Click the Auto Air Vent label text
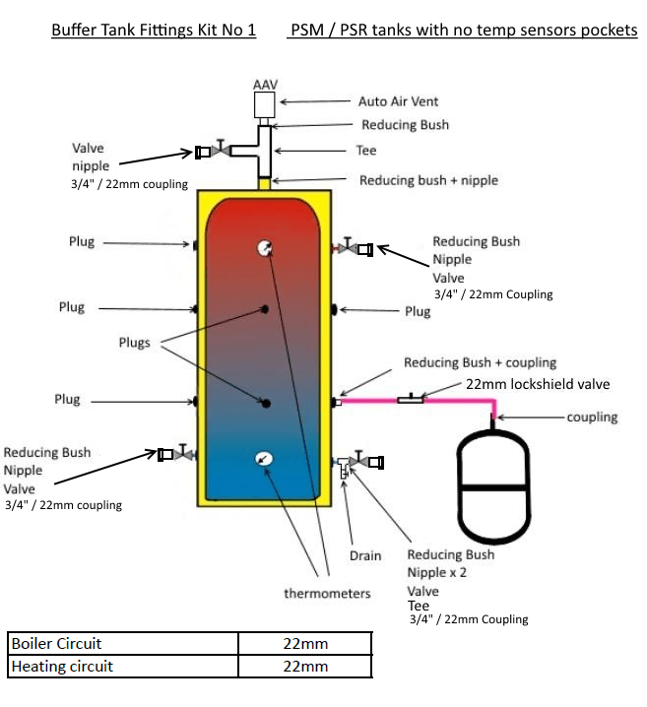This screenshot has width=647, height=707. coord(398,101)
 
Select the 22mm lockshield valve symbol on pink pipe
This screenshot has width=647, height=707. coord(412,399)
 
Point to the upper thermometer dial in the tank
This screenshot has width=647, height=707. coord(264,249)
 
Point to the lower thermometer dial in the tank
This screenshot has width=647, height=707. coord(264,458)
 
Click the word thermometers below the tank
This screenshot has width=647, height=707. coord(327,593)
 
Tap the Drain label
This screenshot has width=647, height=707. coord(365,556)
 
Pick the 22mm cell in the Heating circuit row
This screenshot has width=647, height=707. coord(305,667)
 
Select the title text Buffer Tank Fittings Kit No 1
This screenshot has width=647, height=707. coord(154,31)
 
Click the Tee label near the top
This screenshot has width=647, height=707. coord(365,152)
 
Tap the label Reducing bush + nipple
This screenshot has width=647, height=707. coord(428,180)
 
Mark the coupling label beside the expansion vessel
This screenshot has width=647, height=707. coord(592,417)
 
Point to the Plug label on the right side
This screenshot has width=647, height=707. coord(418,311)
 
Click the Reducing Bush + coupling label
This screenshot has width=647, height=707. coord(480,362)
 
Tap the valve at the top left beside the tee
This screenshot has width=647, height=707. coord(224,151)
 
